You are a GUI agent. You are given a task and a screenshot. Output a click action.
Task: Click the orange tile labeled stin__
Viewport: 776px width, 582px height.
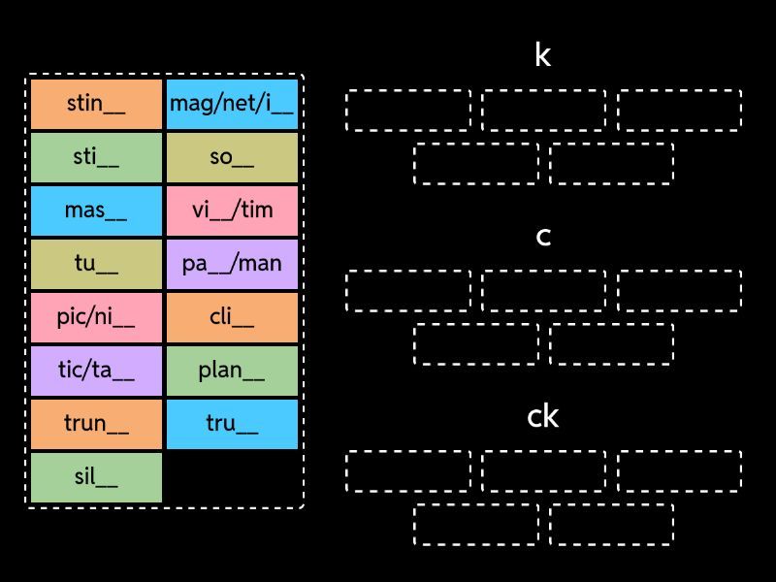pyautogui.click(x=96, y=105)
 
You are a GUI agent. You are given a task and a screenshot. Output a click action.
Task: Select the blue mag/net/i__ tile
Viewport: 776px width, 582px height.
pyautogui.click(x=232, y=105)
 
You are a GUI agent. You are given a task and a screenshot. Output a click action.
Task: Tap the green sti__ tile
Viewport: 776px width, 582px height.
pyautogui.click(x=96, y=158)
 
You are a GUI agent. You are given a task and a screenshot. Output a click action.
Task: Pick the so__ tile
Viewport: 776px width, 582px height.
pyautogui.click(x=232, y=158)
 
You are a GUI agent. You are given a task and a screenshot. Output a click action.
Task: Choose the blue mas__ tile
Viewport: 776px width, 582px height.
pyautogui.click(x=96, y=211)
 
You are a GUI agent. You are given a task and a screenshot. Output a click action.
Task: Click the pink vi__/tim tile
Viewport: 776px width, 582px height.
pyautogui.click(x=232, y=211)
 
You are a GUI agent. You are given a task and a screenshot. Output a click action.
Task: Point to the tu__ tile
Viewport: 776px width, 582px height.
pyautogui.click(x=96, y=265)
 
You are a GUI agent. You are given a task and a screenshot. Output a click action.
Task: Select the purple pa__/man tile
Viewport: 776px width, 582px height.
pyautogui.click(x=232, y=265)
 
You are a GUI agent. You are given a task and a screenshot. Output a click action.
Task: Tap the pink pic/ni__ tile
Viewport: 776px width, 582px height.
pyautogui.click(x=96, y=318)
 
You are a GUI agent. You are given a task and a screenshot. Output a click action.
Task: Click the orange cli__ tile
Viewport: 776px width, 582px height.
pyautogui.click(x=232, y=318)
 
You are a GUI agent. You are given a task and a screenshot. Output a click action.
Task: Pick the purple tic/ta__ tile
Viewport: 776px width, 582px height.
pyautogui.click(x=96, y=372)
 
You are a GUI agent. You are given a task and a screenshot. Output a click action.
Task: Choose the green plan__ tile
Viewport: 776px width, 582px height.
pyautogui.click(x=232, y=372)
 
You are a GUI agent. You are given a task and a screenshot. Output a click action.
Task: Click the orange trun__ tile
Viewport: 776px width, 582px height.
pyautogui.click(x=96, y=425)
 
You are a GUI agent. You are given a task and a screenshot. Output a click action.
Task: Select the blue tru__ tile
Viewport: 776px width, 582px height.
pyautogui.click(x=232, y=425)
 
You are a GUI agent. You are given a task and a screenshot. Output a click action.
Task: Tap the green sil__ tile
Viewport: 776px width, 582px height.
pyautogui.click(x=96, y=478)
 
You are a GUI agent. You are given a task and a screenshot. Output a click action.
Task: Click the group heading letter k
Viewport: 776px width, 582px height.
pyautogui.click(x=543, y=55)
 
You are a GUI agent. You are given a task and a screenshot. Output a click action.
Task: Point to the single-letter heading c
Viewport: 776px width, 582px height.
pyautogui.click(x=543, y=237)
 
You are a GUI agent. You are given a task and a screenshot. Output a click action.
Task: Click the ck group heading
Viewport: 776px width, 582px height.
pyautogui.click(x=543, y=417)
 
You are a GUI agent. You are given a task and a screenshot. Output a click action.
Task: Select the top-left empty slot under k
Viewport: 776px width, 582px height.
pyautogui.click(x=408, y=110)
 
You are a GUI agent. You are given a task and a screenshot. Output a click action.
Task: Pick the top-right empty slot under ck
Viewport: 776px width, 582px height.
pyautogui.click(x=679, y=470)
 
